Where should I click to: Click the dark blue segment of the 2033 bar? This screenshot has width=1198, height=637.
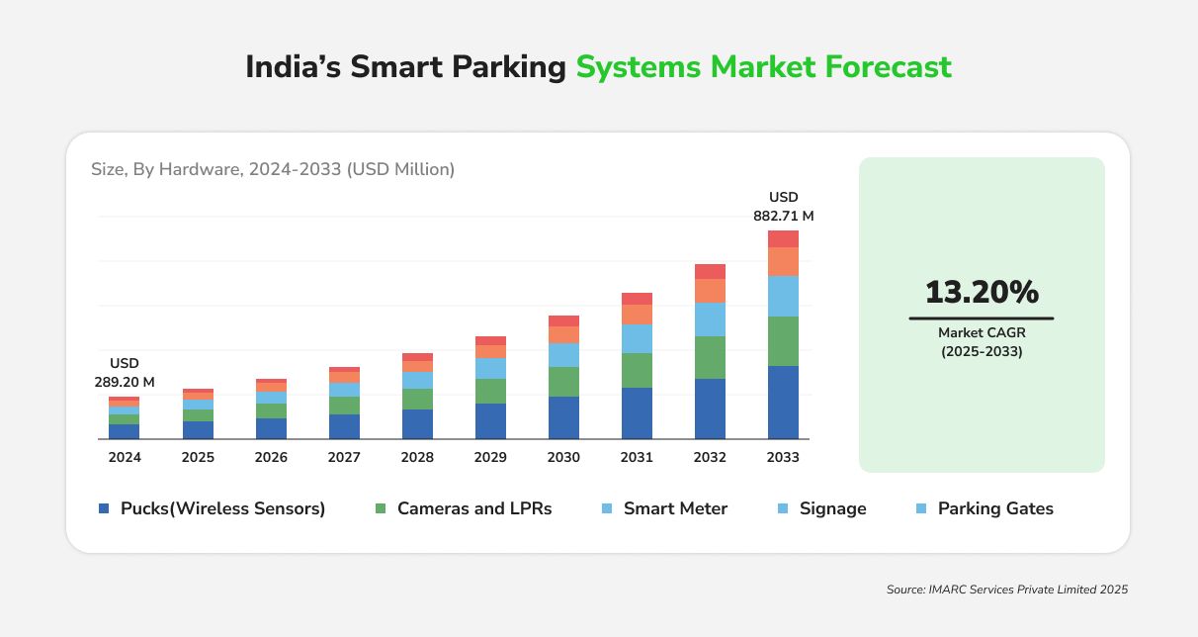click(783, 402)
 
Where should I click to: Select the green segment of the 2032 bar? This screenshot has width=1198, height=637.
click(710, 357)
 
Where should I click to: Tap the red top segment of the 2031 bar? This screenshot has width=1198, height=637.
click(637, 299)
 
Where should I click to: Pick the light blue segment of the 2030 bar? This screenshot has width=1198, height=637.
click(563, 355)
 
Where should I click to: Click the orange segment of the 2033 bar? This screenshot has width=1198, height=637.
click(783, 261)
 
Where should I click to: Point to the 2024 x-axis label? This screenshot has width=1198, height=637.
click(125, 457)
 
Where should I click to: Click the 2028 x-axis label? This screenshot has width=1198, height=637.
click(417, 457)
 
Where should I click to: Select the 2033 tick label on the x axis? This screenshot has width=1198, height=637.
click(783, 457)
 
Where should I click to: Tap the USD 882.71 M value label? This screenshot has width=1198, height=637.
click(784, 206)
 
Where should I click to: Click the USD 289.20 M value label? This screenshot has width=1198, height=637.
click(125, 372)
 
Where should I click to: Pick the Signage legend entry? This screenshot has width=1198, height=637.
click(823, 508)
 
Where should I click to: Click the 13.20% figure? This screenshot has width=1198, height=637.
click(982, 292)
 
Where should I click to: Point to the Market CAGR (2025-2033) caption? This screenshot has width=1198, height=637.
click(982, 341)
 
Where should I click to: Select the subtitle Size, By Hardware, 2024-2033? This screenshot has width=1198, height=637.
click(273, 169)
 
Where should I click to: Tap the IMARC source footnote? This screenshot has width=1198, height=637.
click(1007, 590)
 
